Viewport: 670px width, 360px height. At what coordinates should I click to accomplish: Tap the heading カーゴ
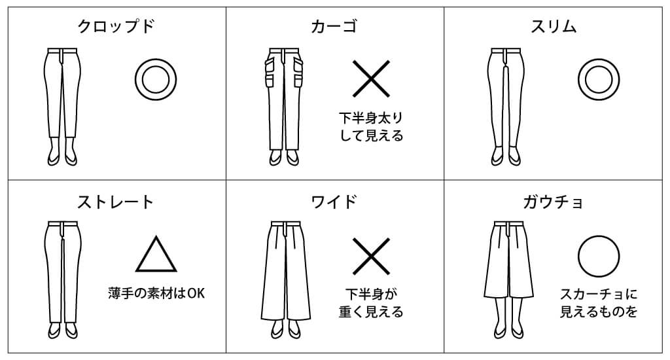pos(334,27)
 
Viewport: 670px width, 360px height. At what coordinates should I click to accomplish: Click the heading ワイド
pos(334,201)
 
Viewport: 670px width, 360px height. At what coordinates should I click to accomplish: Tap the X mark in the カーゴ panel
pos(371,80)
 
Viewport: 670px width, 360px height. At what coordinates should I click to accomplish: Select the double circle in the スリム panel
pos(598,80)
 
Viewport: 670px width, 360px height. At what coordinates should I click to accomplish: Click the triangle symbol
pos(156,255)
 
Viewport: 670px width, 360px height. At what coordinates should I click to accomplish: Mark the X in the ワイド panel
pos(371,255)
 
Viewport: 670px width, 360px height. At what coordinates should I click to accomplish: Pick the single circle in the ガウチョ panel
pos(598,255)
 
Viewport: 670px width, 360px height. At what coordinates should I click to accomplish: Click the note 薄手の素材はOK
pos(156,293)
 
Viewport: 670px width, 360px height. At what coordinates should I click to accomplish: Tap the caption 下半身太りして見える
pos(371,127)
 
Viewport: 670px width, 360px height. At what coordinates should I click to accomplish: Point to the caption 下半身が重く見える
pos(371,302)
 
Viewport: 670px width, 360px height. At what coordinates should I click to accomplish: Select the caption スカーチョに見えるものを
pos(598,302)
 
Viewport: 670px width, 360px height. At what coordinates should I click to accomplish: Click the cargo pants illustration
pos(283,105)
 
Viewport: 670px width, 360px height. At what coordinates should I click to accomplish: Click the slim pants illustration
pos(504,105)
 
